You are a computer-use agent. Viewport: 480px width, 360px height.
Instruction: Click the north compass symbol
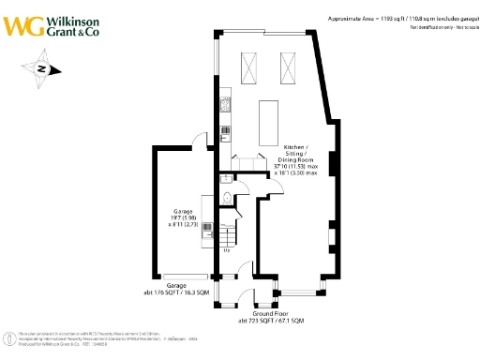[x=42, y=68]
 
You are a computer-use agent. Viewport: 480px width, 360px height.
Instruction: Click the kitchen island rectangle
[x=269, y=121]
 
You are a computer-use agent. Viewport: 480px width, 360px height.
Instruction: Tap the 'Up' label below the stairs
[x=227, y=250]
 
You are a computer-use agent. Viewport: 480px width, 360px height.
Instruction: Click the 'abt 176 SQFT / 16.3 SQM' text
[x=177, y=292]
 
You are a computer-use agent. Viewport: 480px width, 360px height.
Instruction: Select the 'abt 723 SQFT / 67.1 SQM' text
[x=272, y=321]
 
